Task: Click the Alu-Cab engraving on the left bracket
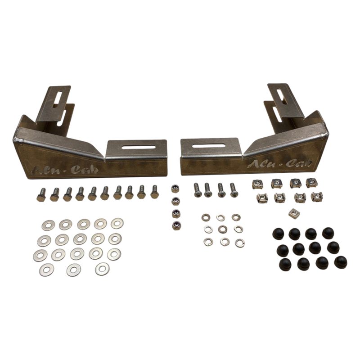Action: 65,170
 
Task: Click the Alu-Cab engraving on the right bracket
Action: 279,163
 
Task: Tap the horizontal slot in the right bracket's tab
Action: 208,145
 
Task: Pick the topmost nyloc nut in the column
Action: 175,189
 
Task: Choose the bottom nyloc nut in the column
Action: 176,225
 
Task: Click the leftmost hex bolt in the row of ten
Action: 41,195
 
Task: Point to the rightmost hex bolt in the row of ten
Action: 155,192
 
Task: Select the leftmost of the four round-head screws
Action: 197,190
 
